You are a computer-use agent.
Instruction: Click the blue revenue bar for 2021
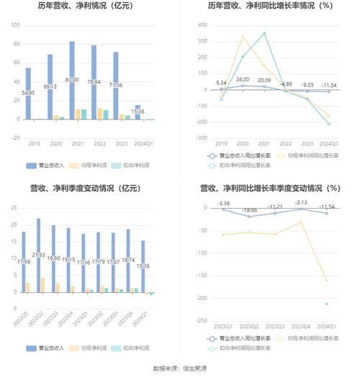coord(72,80)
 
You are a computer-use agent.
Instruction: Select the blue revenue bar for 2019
coord(28,94)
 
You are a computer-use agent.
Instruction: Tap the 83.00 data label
coord(72,80)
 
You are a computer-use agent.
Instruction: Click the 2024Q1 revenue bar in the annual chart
coord(138,112)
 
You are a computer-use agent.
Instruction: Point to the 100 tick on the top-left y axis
coord(14,25)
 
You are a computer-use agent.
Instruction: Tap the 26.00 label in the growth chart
coord(243,80)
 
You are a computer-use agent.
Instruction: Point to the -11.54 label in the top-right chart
coord(328,85)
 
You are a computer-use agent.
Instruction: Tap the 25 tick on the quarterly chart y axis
coord(14,208)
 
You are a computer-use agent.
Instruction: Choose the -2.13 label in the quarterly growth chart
coord(301,203)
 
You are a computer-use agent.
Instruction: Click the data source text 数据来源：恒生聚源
coord(180,368)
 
